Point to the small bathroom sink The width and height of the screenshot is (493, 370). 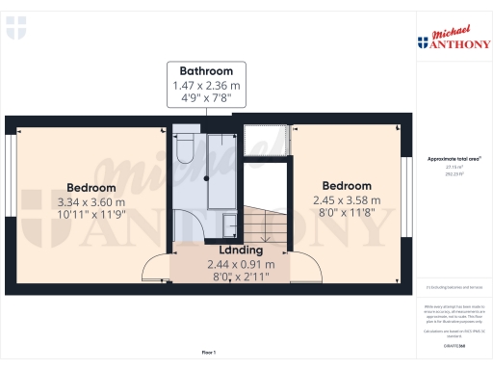pyautogui.click(x=231, y=225)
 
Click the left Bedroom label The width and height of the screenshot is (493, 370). pyautogui.click(x=91, y=188)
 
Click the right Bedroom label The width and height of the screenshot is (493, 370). pyautogui.click(x=347, y=186)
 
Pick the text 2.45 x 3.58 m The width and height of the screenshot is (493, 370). pyautogui.click(x=347, y=200)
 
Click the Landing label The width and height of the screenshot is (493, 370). pyautogui.click(x=240, y=250)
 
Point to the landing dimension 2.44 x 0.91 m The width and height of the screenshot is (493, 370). pyautogui.click(x=240, y=264)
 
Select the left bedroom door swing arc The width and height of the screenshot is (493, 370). pyautogui.click(x=154, y=266)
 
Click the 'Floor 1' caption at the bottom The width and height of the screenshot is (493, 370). pyautogui.click(x=208, y=353)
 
